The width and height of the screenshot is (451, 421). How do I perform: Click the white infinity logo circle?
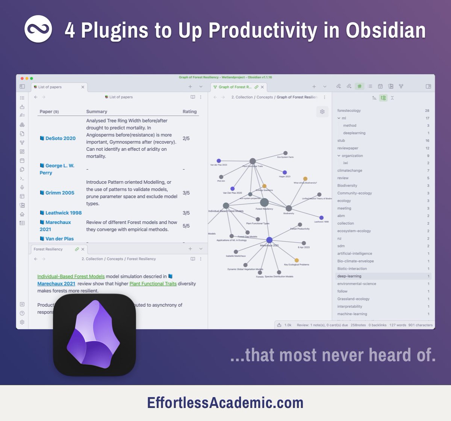coord(38,29)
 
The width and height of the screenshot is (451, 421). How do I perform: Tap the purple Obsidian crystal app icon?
coord(94,335)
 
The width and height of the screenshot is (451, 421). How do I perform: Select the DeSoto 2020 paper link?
coord(60,138)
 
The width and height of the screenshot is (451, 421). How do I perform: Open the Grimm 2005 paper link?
coord(60,193)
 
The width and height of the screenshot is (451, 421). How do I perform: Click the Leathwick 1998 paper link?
coord(63,213)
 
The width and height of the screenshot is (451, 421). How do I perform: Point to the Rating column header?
coord(189,111)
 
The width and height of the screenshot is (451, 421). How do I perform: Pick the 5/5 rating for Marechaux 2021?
coord(186,226)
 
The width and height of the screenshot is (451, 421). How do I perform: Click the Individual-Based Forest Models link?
coord(71,277)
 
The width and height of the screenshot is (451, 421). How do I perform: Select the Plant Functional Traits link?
coord(153,284)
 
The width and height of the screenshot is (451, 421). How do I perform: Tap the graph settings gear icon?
coord(322,111)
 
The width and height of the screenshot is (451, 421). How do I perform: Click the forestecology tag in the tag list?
coord(349,111)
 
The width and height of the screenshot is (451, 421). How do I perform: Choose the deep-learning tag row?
coord(349,276)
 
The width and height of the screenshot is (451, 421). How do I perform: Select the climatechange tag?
coord(350,170)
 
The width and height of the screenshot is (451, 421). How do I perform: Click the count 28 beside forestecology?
coord(427,111)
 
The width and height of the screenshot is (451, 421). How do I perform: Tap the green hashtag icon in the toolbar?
coord(360,86)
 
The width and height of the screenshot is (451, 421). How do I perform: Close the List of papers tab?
coord(83,87)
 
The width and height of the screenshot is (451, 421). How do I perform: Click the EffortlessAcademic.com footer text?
coord(225,403)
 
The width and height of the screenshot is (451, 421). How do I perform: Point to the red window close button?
coord(22,78)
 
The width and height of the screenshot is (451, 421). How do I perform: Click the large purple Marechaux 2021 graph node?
coord(269,240)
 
